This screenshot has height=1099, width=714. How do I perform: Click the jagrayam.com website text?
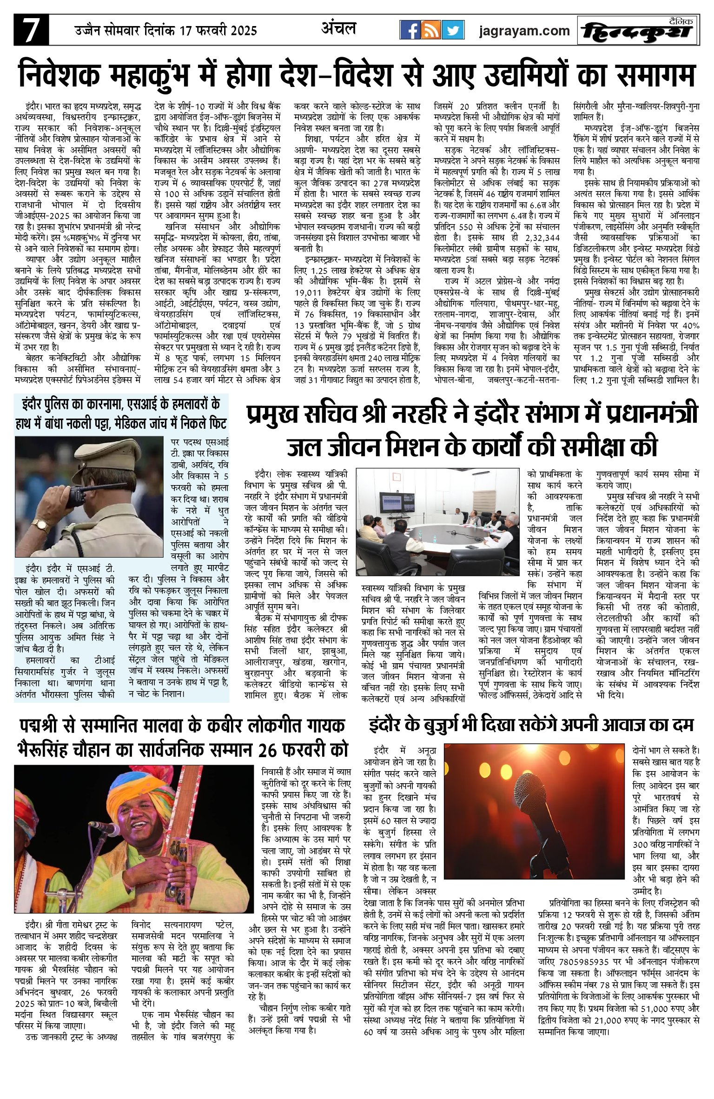tap(524, 31)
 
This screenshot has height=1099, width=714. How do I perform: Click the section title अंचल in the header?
tap(338, 29)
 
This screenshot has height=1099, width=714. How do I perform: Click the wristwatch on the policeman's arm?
tap(41, 526)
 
